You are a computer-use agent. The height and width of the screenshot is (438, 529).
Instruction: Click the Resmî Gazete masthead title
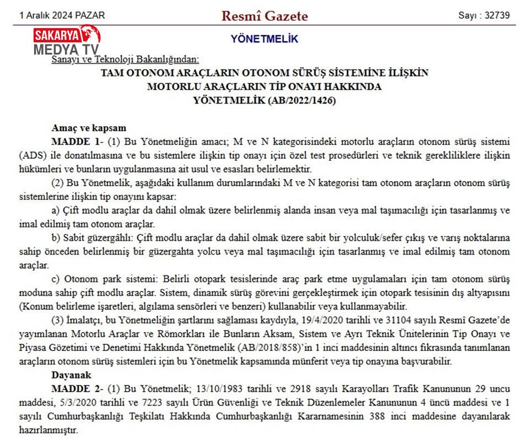(264, 15)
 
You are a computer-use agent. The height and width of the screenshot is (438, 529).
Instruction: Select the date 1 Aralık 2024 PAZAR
(62, 15)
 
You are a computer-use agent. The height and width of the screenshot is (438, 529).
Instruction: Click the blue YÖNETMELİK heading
(264, 39)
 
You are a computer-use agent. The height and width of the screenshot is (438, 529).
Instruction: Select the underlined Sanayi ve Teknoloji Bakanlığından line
(125, 60)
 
